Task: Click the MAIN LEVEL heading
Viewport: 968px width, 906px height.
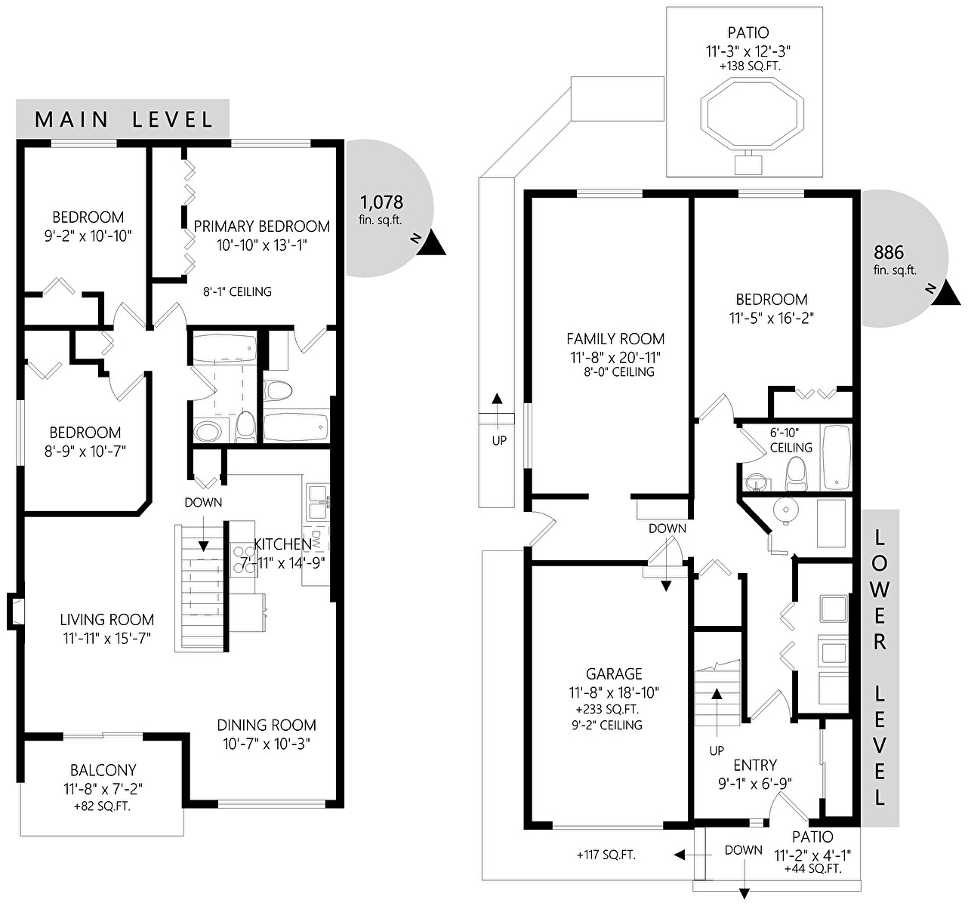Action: point(124,119)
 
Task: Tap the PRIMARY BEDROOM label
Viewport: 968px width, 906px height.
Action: point(262,226)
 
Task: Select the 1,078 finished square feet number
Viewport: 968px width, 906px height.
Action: point(381,202)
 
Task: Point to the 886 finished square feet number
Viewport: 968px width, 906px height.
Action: point(889,252)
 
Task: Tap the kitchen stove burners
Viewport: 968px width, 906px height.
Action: point(242,559)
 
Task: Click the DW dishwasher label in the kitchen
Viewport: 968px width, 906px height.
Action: point(316,539)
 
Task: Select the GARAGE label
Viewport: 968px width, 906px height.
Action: point(614,673)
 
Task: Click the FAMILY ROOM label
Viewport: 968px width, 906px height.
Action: point(615,338)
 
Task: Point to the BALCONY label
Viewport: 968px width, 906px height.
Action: point(103,770)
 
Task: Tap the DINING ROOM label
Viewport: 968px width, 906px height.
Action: point(267,725)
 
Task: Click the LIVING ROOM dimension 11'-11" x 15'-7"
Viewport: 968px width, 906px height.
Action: point(106,638)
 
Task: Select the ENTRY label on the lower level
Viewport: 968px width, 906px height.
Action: point(755,765)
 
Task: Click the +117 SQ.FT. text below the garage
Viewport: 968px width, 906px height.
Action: point(606,855)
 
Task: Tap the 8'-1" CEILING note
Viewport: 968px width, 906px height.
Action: point(237,291)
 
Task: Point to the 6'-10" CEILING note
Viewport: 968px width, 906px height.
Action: point(791,439)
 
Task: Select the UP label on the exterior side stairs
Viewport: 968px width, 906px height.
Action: point(499,440)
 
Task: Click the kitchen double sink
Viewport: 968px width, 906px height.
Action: point(318,502)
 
